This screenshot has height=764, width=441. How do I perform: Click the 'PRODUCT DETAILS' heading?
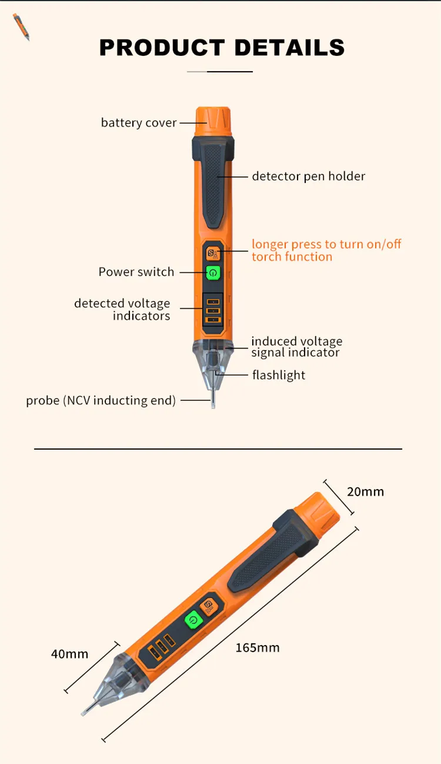click(x=222, y=48)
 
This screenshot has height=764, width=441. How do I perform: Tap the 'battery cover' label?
click(x=139, y=123)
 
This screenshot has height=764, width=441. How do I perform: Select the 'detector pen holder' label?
click(x=308, y=176)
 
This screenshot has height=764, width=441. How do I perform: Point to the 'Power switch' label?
click(x=136, y=272)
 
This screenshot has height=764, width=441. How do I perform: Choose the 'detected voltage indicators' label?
click(x=122, y=310)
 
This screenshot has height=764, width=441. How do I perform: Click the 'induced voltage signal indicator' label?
click(x=296, y=347)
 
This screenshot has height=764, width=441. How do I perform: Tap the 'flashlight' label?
click(x=279, y=375)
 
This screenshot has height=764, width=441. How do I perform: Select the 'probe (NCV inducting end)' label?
click(x=101, y=401)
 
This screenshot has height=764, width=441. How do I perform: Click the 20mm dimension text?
click(x=365, y=491)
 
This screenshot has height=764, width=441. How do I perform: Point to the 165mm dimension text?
click(x=258, y=648)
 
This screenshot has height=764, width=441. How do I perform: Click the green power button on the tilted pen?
click(x=192, y=620)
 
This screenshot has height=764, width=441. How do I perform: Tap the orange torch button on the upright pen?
click(x=213, y=254)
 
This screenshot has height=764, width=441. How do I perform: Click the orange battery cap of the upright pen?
click(x=213, y=120)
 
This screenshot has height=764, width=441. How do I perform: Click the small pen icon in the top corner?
click(x=21, y=26)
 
